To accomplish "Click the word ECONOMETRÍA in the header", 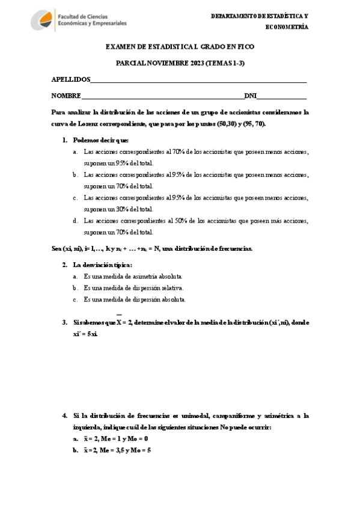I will click(287, 27).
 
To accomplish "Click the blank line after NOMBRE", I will click(162, 96).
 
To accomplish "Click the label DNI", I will click(251, 96).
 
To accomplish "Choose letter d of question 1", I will click(75, 221).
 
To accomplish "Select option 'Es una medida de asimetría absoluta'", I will click(133, 277).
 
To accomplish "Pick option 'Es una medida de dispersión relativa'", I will click(133, 288).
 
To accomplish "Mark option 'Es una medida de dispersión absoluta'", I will click(135, 299).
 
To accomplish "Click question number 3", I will click(65, 322).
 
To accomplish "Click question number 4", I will click(65, 416).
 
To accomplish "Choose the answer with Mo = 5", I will click(117, 449).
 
